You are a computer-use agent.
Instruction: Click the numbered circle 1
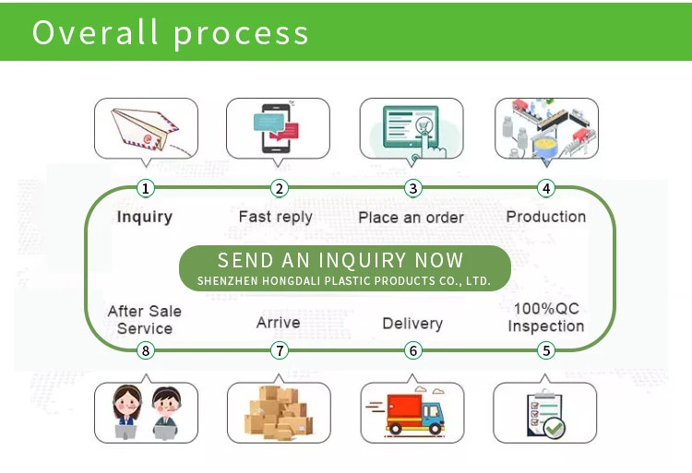145,188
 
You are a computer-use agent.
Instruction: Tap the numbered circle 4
546,188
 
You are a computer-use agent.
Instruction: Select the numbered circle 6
412,350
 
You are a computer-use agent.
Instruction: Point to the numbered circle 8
145,350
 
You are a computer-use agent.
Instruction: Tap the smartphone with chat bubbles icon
278,128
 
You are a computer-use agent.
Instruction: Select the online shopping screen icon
412,128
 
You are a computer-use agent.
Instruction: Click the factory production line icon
546,128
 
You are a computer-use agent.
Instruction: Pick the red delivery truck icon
412,411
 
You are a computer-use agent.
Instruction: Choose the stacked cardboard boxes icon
279,411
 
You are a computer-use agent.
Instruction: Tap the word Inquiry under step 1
145,217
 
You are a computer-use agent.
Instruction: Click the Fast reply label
275,217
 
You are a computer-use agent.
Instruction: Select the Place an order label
411,218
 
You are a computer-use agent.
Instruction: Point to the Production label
546,216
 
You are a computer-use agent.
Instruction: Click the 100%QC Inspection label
546,317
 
